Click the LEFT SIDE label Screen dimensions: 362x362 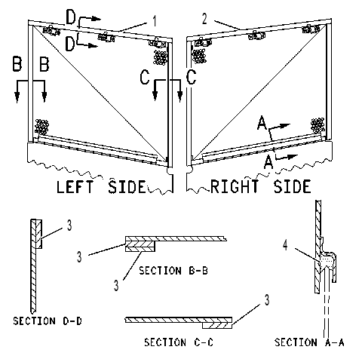(101, 186)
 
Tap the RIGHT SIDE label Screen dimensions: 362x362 (260, 186)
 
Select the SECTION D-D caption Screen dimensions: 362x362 (48, 321)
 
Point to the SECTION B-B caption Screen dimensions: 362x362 (173, 271)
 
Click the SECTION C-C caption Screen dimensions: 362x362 (179, 342)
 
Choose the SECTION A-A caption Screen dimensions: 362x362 (309, 342)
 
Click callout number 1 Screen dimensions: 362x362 (155, 21)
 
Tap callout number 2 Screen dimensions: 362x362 (204, 19)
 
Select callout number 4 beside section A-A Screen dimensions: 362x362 (285, 245)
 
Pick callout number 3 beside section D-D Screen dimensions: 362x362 (69, 225)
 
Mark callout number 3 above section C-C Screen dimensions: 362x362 (267, 299)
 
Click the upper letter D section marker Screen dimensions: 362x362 (71, 17)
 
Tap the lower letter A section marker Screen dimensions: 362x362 (268, 162)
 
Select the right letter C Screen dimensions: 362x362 (191, 76)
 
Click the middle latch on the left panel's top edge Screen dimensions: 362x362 (106, 38)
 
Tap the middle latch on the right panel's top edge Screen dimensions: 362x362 (256, 35)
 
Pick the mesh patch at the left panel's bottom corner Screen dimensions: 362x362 (41, 127)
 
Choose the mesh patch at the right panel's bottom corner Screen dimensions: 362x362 (318, 125)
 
